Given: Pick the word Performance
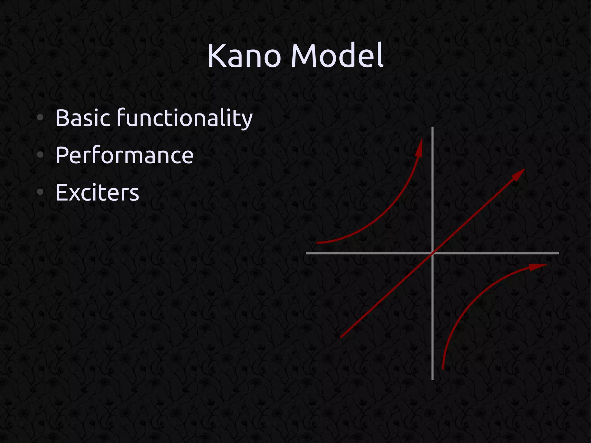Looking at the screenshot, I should click(x=124, y=155).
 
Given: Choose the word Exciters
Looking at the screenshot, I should click(x=97, y=192).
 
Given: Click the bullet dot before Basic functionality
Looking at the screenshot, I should click(x=40, y=117).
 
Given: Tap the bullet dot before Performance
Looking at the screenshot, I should click(x=40, y=155).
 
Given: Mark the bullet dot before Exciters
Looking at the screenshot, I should click(x=40, y=192).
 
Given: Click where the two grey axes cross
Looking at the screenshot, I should click(x=432, y=253).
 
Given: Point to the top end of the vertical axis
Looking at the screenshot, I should click(x=432, y=128).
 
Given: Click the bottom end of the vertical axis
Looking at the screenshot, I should click(x=432, y=379).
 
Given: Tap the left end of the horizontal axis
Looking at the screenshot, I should click(x=307, y=253).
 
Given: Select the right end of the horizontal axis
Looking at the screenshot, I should click(x=558, y=253).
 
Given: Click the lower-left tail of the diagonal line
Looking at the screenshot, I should click(x=341, y=337).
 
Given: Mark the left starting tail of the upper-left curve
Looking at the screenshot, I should click(x=317, y=243).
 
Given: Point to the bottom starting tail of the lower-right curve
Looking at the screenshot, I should click(x=443, y=368).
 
